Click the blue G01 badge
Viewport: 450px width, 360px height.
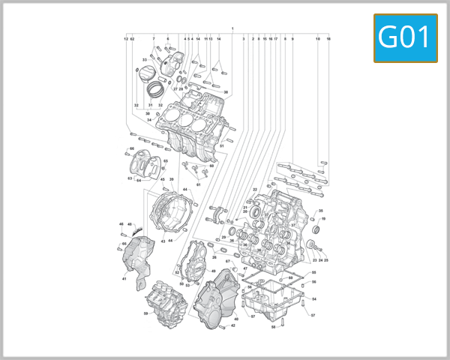pos(405,38)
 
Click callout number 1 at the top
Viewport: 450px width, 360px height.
pos(232,29)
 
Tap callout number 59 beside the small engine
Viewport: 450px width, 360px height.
pos(146,313)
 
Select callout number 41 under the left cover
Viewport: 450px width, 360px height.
pos(124,279)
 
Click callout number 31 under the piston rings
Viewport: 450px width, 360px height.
pos(150,105)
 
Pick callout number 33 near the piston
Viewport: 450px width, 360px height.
pos(144,60)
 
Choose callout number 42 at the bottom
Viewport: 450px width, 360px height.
pos(233,325)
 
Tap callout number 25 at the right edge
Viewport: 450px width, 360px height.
pos(326,260)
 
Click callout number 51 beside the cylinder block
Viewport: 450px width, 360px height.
pos(232,145)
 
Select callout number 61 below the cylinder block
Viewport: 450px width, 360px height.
pos(198,183)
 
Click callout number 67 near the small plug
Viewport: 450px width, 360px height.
pos(227,262)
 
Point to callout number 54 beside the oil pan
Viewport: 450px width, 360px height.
pos(314,299)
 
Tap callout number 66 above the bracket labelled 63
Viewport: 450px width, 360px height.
pos(131,148)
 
